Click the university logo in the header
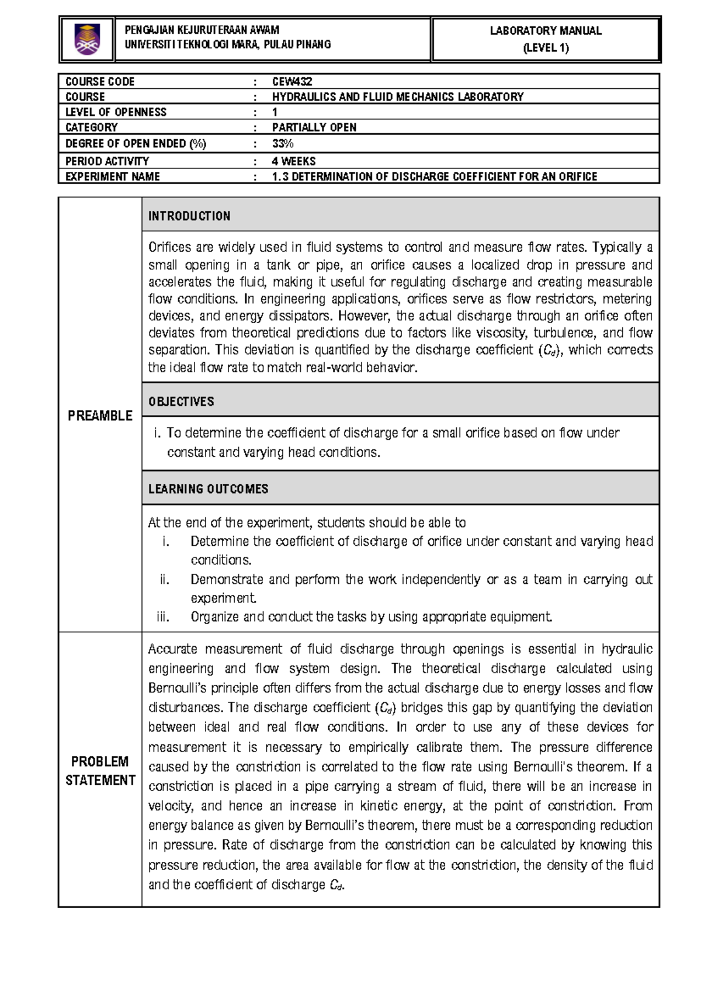tap(87, 39)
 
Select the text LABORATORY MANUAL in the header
tap(546, 31)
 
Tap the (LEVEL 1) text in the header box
tap(546, 48)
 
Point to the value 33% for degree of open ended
tap(283, 144)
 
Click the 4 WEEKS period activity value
tap(294, 161)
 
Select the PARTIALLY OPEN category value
tap(314, 127)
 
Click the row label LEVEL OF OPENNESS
tap(116, 112)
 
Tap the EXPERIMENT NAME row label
tap(112, 176)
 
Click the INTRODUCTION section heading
tap(189, 216)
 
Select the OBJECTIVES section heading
tap(181, 402)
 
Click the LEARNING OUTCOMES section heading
tap(208, 489)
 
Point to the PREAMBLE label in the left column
tap(100, 415)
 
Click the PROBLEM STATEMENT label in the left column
tap(100, 771)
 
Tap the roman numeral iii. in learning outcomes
tap(163, 617)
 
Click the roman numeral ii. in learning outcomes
tap(165, 580)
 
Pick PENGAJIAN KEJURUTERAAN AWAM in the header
tap(202, 30)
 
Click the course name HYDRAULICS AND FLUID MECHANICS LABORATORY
tap(398, 97)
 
